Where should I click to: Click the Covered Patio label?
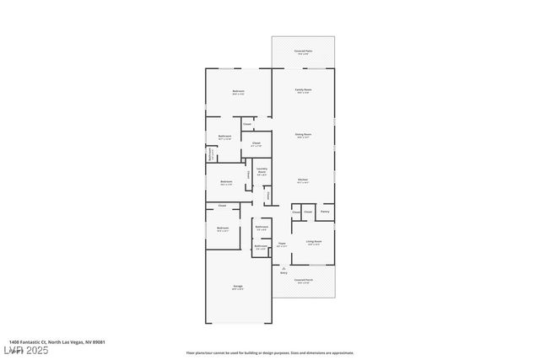[303, 52]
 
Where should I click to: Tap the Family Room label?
[303, 90]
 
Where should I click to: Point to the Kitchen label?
[303, 180]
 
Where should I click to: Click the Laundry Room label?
[262, 171]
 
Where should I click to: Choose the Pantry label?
[325, 212]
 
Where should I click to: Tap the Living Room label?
[313, 243]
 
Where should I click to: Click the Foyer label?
[282, 244]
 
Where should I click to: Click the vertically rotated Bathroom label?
[211, 154]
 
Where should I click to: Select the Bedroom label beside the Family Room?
[239, 93]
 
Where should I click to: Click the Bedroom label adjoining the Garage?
[223, 229]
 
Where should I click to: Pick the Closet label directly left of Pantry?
[308, 212]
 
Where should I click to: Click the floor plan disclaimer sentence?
[270, 353]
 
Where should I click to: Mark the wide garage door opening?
[239, 323]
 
